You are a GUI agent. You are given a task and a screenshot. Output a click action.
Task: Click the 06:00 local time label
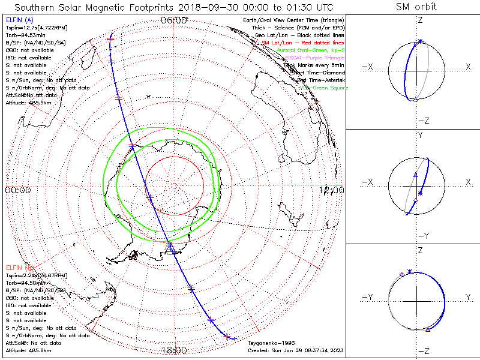175,20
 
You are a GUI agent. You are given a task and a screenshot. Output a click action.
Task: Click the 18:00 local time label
175,350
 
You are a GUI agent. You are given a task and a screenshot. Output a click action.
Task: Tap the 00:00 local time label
17,190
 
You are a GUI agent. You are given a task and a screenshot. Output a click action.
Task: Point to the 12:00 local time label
332,190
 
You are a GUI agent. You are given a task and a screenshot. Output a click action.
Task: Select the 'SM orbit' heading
416,7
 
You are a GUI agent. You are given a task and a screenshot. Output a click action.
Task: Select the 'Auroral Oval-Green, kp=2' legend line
307,51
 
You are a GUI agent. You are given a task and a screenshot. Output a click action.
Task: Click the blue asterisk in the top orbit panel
420,41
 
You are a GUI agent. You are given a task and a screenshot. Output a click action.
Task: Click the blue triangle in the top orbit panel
415,99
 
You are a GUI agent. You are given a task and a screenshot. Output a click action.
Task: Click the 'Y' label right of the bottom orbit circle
467,297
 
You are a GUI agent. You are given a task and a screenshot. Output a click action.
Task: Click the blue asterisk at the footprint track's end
227,337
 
